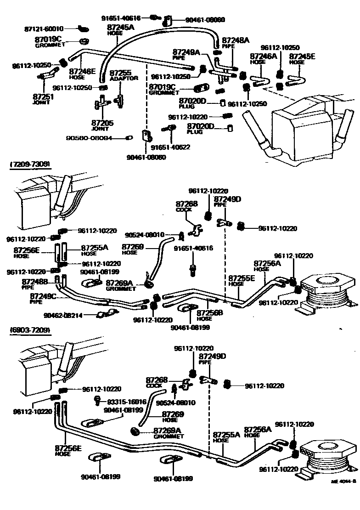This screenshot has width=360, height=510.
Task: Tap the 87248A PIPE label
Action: click(235, 43)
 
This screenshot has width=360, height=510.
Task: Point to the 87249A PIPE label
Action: click(186, 54)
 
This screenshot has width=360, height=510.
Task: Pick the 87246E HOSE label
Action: click(82, 74)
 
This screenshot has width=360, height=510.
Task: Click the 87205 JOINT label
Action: click(102, 125)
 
